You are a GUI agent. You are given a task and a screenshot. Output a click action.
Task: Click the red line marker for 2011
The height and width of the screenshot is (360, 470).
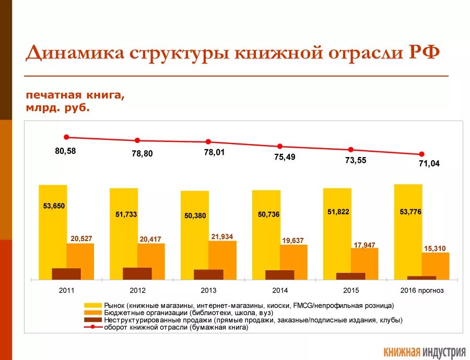pos(66,137)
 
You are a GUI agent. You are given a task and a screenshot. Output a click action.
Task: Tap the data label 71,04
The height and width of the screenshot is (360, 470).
pos(429,163)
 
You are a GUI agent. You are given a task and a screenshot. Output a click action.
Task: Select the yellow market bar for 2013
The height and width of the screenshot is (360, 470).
pos(194,235)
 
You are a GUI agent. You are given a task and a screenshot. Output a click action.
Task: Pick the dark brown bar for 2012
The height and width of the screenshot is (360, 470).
pos(137,273)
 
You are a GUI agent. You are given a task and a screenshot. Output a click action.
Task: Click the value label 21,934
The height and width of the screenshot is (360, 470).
pos(222,236)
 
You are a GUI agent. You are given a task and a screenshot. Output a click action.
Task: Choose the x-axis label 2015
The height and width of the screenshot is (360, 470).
pos(351,291)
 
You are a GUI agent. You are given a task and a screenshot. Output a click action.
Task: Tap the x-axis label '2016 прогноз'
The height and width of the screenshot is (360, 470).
pos(422,291)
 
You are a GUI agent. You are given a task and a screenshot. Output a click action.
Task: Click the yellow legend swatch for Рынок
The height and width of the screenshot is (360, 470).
pos(92,305)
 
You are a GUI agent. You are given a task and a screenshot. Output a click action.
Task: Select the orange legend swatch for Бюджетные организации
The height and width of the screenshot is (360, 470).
pos(92,313)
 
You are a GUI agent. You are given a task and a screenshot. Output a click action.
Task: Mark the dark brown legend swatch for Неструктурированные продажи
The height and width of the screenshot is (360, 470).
pos(92,320)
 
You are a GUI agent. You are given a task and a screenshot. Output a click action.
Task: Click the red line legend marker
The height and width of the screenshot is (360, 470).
pos(92,328)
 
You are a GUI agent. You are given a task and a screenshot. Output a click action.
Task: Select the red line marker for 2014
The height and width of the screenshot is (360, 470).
pos(280,147)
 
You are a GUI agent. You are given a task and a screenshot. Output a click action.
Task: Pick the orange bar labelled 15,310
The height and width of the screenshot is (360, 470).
pos(436,266)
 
